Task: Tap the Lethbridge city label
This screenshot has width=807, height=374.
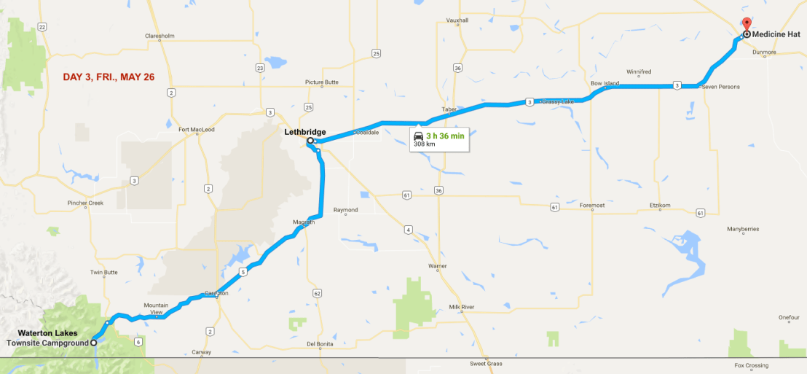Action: [x=304, y=132]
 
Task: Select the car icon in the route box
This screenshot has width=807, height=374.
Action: [x=418, y=136]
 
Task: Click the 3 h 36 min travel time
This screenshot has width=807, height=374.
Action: [x=445, y=136]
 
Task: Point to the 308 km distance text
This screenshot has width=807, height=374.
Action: [x=424, y=144]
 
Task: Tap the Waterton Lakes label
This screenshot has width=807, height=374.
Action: [x=47, y=334]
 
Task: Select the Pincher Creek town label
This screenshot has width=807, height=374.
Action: [x=86, y=203]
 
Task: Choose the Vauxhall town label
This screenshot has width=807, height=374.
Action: [x=458, y=40]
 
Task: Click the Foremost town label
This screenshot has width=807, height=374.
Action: [x=592, y=206]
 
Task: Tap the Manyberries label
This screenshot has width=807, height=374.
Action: [x=742, y=229]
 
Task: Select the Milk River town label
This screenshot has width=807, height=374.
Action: [x=462, y=307]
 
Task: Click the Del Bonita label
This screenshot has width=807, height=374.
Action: [x=320, y=344]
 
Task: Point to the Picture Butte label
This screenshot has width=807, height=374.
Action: [x=322, y=82]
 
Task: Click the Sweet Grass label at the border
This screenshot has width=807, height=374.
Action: [x=485, y=363]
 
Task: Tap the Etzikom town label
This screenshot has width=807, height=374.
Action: [x=659, y=206]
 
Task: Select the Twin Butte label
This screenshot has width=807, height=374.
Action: [x=103, y=272]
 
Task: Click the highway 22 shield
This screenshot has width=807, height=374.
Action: [x=43, y=27]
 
